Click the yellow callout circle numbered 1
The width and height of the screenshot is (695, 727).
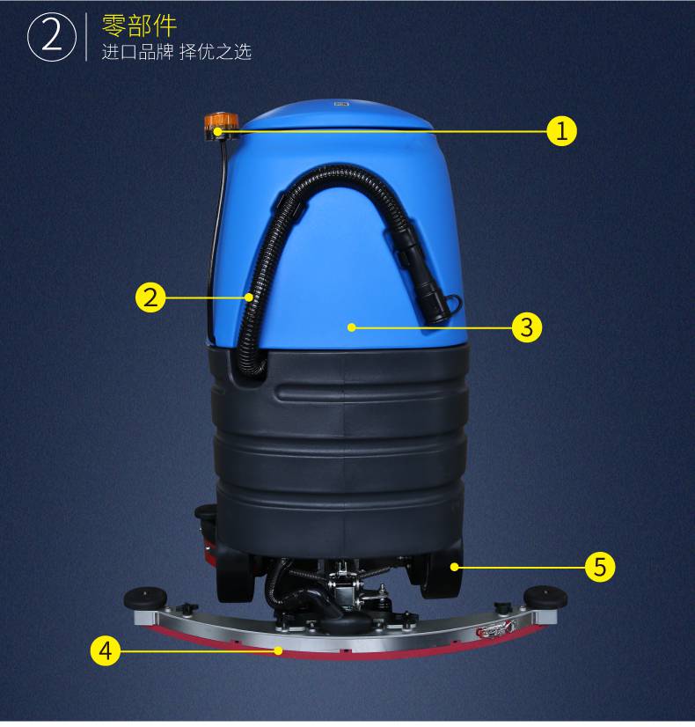[x=561, y=131]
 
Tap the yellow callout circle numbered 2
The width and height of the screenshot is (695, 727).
[x=150, y=297]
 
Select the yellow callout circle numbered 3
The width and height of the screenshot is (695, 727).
[x=527, y=327]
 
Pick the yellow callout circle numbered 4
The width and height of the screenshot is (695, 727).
[x=106, y=650]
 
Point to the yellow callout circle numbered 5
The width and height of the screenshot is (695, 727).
[x=600, y=567]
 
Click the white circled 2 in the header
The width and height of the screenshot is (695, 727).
[x=51, y=37]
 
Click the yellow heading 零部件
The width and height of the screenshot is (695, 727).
[x=139, y=26]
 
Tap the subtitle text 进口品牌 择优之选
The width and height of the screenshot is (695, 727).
[x=176, y=52]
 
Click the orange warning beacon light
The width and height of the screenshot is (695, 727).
[x=217, y=124]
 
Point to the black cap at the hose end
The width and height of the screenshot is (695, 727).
[x=440, y=308]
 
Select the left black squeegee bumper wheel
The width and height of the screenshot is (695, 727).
[x=145, y=598]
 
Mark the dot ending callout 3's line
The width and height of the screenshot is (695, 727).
[x=352, y=327]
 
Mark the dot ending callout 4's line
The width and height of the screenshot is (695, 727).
[x=278, y=650]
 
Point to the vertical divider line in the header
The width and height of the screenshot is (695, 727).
[x=86, y=37]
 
